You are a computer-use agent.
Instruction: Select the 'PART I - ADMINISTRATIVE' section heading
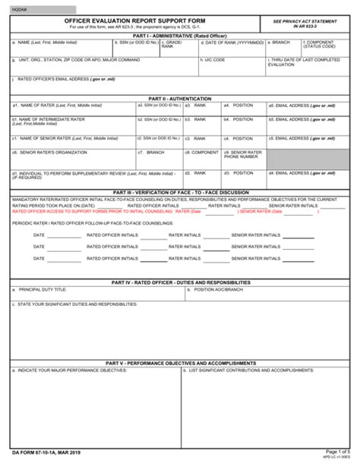[179, 35]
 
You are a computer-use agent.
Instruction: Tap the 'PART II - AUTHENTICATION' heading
[179, 99]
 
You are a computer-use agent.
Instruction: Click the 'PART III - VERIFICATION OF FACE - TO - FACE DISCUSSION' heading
[179, 193]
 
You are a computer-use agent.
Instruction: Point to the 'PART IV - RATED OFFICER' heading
[179, 282]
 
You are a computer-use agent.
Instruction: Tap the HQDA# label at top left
[18, 8]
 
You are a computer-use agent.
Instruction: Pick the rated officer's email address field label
[61, 79]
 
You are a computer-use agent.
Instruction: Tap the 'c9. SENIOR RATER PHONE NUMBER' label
[242, 155]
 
